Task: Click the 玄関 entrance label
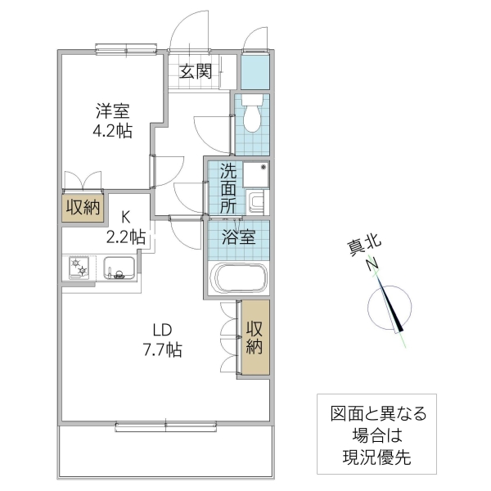pos(196,70)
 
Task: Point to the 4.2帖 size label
pos(111,132)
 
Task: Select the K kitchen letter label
pos(126,218)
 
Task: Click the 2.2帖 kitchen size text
pos(126,237)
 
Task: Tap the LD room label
pos(160,331)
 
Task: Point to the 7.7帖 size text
pos(160,350)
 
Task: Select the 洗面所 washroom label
pos(228,188)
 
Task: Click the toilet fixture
pos(252,116)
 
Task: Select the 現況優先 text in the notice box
pos(372,456)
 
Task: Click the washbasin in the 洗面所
pos(256,201)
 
